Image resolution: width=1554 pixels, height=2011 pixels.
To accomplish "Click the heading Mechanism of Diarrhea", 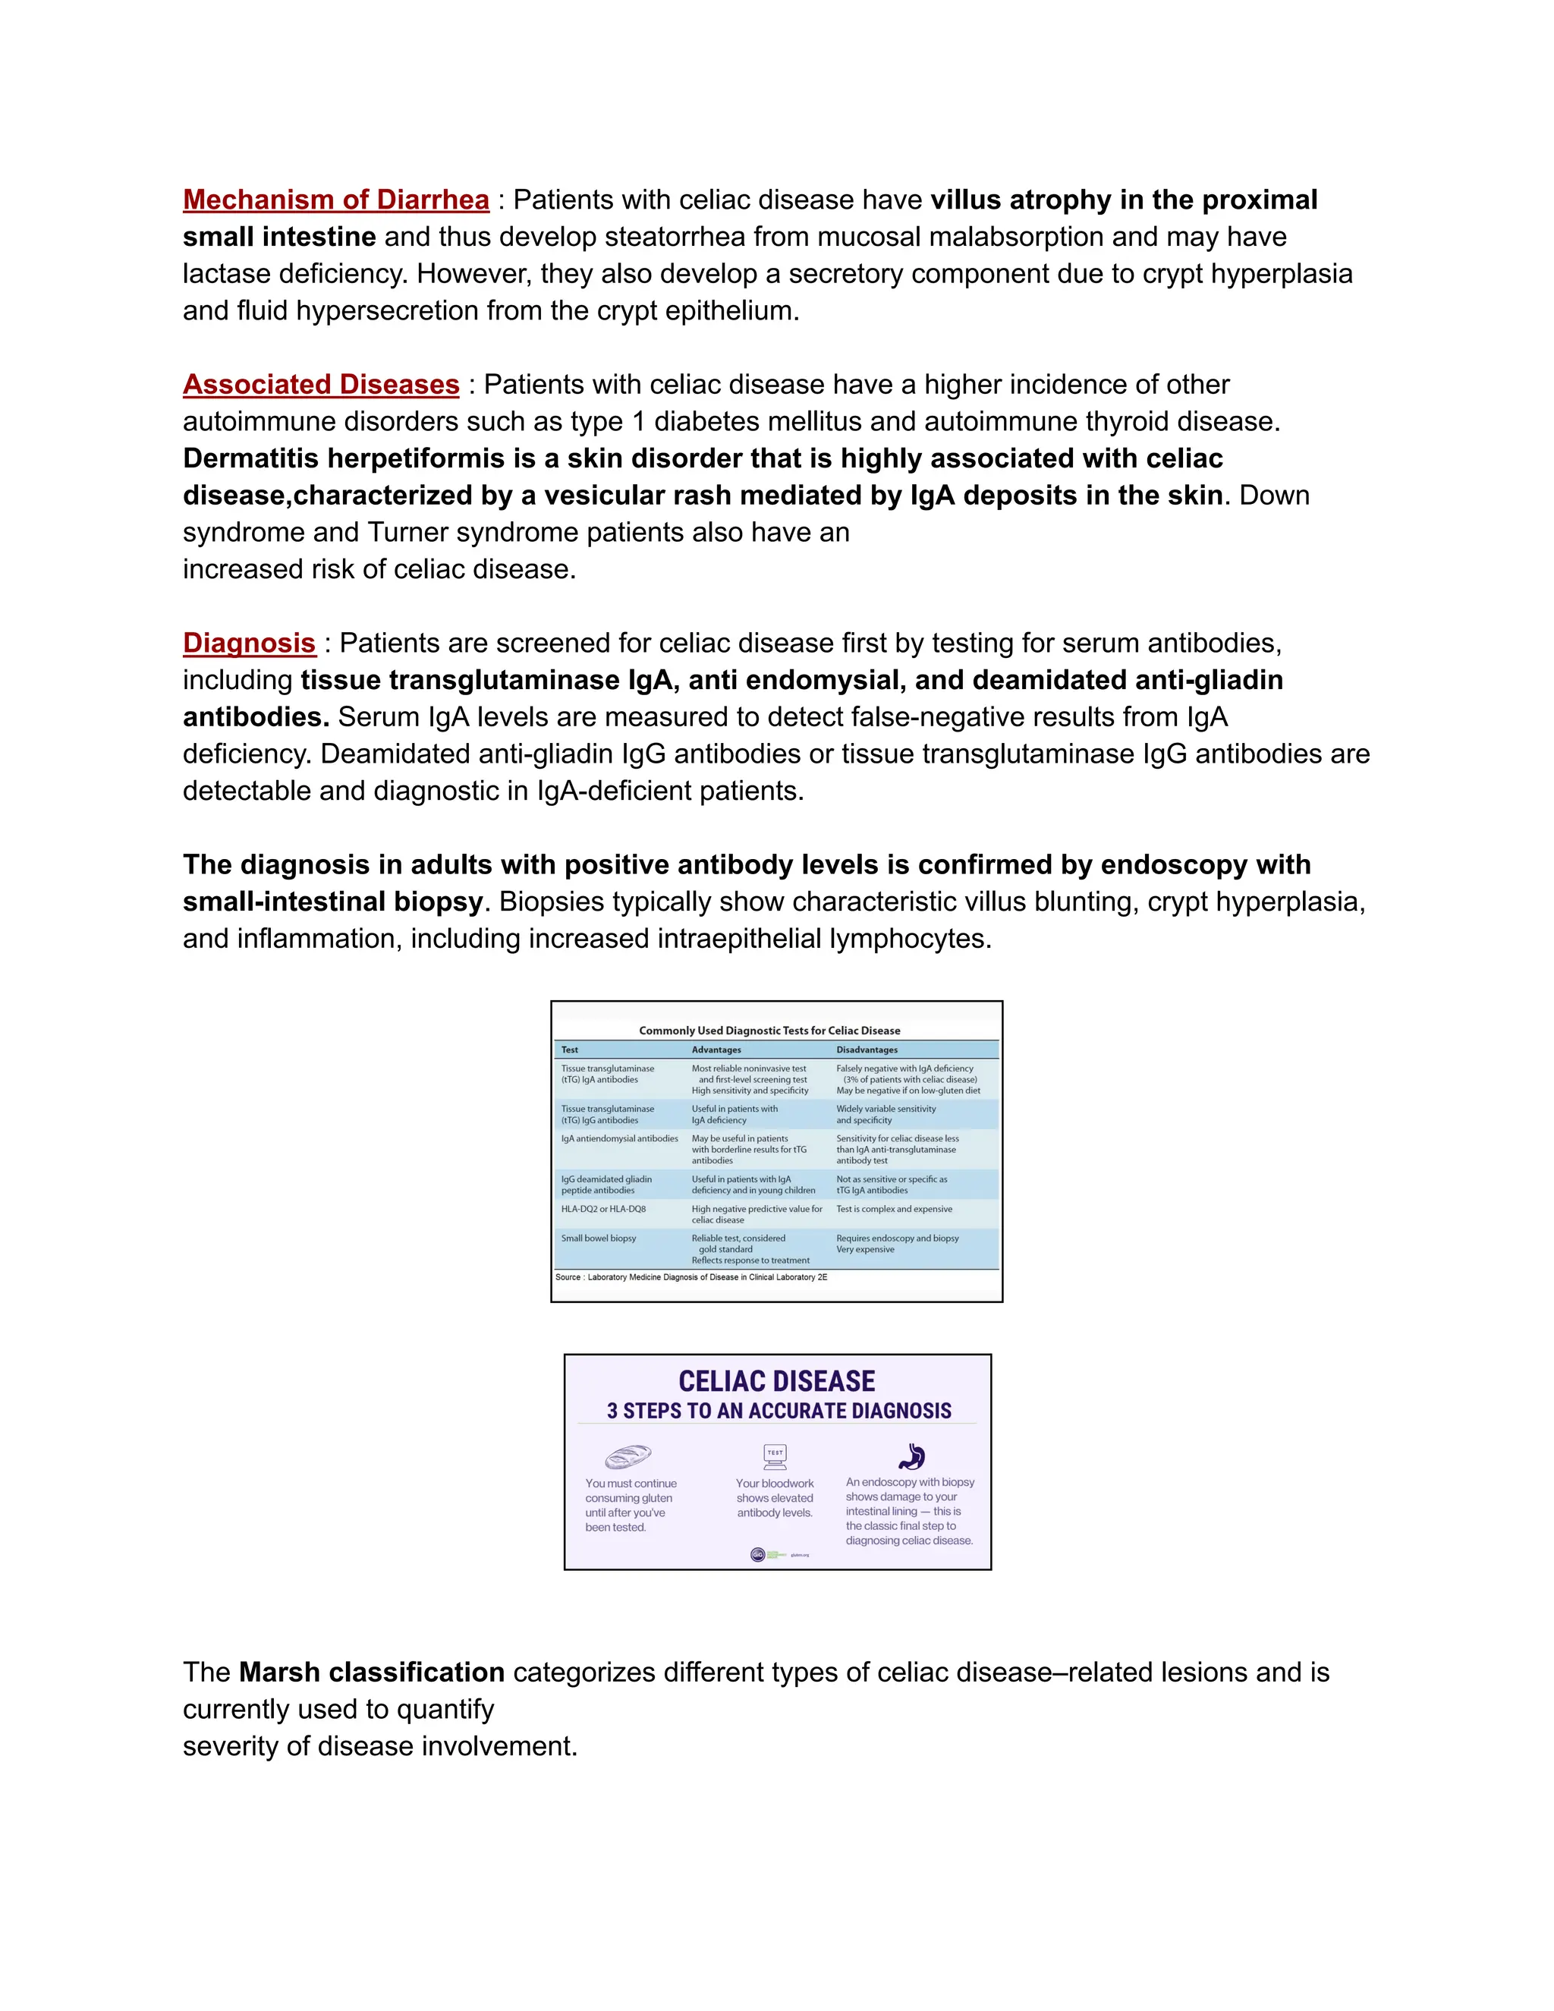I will (x=336, y=200).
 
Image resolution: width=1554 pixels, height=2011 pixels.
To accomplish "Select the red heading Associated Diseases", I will (x=320, y=384).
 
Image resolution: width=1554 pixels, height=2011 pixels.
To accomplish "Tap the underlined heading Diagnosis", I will (x=249, y=643).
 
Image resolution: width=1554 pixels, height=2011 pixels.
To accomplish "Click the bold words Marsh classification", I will (x=371, y=1671).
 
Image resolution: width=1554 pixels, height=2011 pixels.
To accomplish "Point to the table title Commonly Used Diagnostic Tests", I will (x=769, y=1031).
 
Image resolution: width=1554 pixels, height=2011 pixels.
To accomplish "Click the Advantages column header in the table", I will (x=716, y=1050).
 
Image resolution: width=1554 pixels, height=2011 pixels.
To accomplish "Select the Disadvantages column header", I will (x=867, y=1050).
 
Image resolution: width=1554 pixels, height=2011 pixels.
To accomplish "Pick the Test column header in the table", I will (x=570, y=1050).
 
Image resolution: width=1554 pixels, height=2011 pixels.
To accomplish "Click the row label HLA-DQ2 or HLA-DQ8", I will (x=603, y=1209).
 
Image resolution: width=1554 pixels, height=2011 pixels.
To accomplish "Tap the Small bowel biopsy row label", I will (x=599, y=1238).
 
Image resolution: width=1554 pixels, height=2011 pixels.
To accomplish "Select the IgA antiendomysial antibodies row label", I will (x=620, y=1139).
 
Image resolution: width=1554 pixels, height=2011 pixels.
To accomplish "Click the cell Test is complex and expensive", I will (x=894, y=1209).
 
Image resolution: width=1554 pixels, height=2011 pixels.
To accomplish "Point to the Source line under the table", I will (x=690, y=1277).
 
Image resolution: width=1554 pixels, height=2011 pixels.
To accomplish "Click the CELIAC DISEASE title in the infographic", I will (x=777, y=1381).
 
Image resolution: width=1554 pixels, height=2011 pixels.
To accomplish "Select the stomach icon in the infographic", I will (x=911, y=1456).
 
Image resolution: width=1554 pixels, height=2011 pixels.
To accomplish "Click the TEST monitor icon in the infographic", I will (x=775, y=1456).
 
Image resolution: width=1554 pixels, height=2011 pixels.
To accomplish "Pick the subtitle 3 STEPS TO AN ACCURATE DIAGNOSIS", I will (x=779, y=1411).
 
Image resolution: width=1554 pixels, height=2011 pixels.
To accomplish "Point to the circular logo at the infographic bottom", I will (x=758, y=1555).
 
